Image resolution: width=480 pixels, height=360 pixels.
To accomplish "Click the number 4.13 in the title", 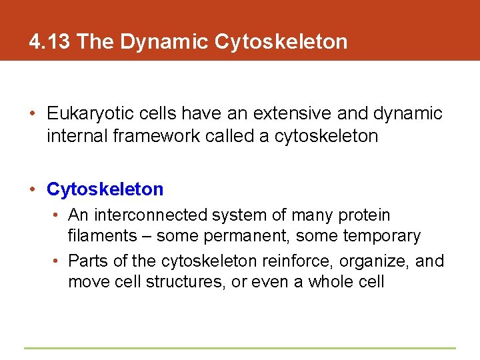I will pyautogui.click(x=50, y=42).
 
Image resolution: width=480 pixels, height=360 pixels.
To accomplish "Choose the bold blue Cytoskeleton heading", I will pyautogui.click(x=105, y=189).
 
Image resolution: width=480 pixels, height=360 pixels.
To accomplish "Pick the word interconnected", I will pyautogui.click(x=151, y=215).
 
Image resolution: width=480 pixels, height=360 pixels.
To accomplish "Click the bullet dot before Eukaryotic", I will pyautogui.click(x=33, y=114).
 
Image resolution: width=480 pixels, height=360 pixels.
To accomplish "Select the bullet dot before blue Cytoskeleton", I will pyautogui.click(x=33, y=190).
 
